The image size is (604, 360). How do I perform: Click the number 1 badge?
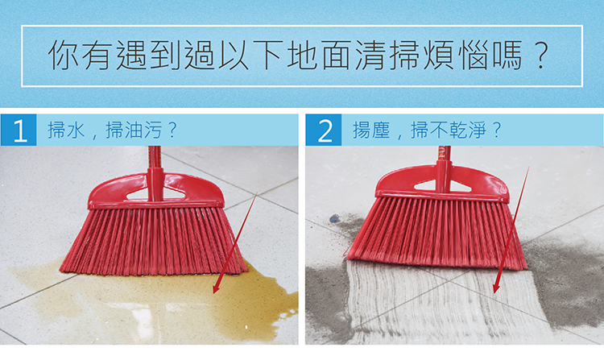click(x=19, y=130)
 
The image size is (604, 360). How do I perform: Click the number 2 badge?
click(x=324, y=130)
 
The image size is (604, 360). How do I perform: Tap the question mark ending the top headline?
click(x=542, y=56)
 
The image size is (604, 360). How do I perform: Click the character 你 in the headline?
click(x=63, y=56)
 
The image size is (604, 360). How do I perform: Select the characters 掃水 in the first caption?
click(x=66, y=130)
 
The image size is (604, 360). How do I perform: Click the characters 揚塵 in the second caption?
click(x=371, y=130)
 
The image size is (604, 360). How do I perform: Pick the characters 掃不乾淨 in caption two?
click(x=448, y=130)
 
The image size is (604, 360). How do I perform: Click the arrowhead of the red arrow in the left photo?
click(x=217, y=289)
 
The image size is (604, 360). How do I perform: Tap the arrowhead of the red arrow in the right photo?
click(x=497, y=288)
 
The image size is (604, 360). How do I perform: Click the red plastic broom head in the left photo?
click(x=155, y=191)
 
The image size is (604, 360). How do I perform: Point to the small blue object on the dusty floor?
click(x=334, y=218)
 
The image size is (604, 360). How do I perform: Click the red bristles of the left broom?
click(x=154, y=241)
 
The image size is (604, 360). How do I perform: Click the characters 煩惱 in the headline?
click(x=457, y=56)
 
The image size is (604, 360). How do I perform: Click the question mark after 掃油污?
click(x=172, y=130)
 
